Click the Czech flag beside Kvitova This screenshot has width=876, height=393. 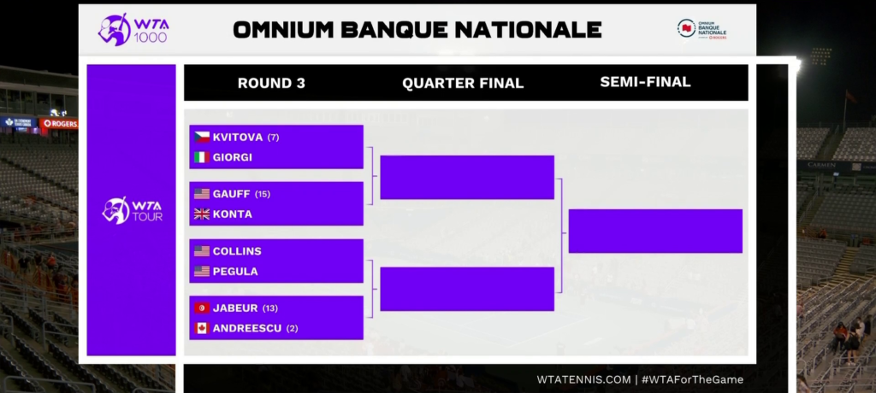(202, 138)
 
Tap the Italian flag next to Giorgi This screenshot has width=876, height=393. (202, 157)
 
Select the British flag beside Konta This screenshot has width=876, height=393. (202, 214)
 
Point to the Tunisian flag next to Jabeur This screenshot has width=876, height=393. (202, 308)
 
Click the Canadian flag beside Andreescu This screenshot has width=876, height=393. (202, 328)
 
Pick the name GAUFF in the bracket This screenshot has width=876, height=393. (231, 194)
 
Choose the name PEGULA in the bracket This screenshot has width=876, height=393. (235, 272)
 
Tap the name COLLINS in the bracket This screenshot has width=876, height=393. (237, 251)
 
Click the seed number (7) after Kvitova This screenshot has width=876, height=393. (273, 138)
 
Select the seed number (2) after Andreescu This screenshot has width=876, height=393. (293, 328)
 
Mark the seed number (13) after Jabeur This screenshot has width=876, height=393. (269, 308)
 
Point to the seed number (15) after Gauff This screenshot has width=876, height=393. (263, 194)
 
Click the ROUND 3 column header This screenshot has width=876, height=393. (271, 83)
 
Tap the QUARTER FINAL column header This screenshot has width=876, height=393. (463, 83)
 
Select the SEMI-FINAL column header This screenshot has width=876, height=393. (645, 82)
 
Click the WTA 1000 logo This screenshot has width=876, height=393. (133, 30)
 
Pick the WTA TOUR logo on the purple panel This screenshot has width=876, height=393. (133, 210)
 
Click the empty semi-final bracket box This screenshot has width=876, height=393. (655, 232)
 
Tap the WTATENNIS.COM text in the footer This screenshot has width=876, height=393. (583, 379)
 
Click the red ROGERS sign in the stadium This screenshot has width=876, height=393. (59, 123)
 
